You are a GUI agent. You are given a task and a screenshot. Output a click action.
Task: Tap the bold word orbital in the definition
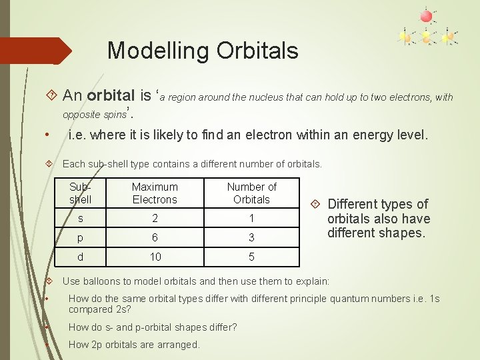click(111, 97)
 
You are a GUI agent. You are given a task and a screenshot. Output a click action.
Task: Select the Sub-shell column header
click(81, 193)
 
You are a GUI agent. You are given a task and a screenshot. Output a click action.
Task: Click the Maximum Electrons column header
click(155, 193)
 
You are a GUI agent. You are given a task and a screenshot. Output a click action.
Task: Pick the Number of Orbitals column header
click(251, 193)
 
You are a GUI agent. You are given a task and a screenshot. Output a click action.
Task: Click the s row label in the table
click(81, 219)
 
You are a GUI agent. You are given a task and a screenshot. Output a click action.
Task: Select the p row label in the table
click(81, 237)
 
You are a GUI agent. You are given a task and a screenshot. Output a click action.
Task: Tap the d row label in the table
click(81, 257)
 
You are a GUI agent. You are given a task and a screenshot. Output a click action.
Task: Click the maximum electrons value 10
click(155, 257)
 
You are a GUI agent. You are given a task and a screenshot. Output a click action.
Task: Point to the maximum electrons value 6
click(155, 237)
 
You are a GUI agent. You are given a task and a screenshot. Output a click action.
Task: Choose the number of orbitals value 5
click(252, 257)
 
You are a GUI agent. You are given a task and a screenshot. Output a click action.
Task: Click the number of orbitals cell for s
click(252, 219)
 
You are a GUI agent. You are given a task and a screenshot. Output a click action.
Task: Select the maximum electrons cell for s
click(155, 219)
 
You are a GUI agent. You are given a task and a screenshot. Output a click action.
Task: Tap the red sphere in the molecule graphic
click(426, 15)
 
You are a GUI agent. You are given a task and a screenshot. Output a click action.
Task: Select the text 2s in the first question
click(124, 309)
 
